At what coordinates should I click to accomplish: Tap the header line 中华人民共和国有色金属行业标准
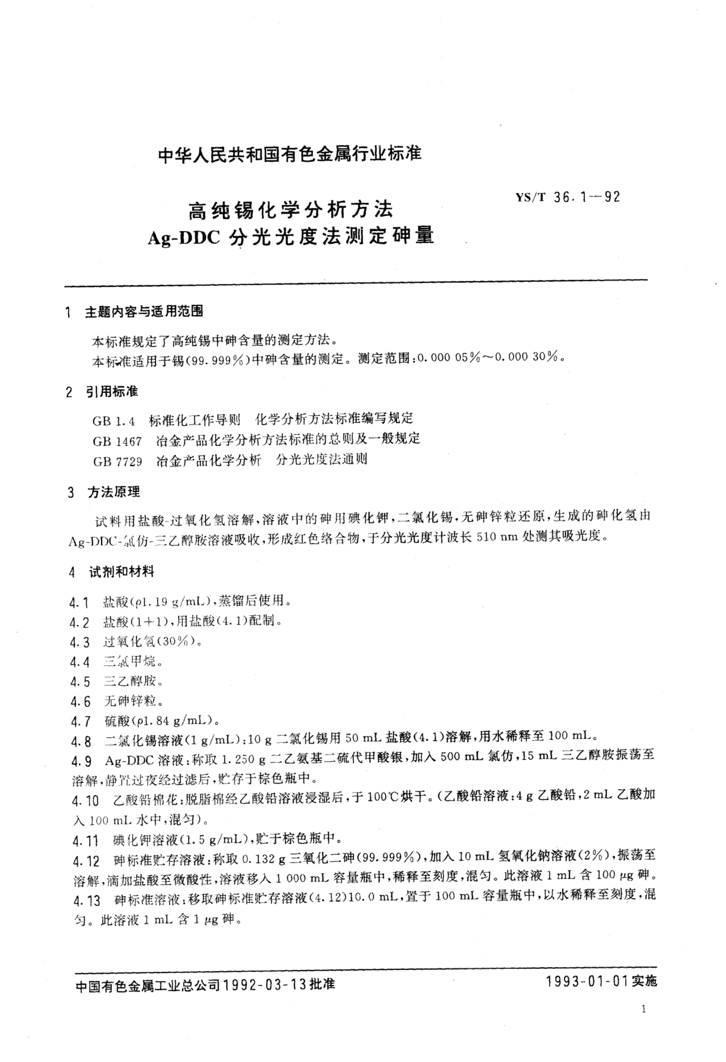pos(289,154)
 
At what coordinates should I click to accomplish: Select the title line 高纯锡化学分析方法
pos(291,210)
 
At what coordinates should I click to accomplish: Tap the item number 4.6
pos(80,701)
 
